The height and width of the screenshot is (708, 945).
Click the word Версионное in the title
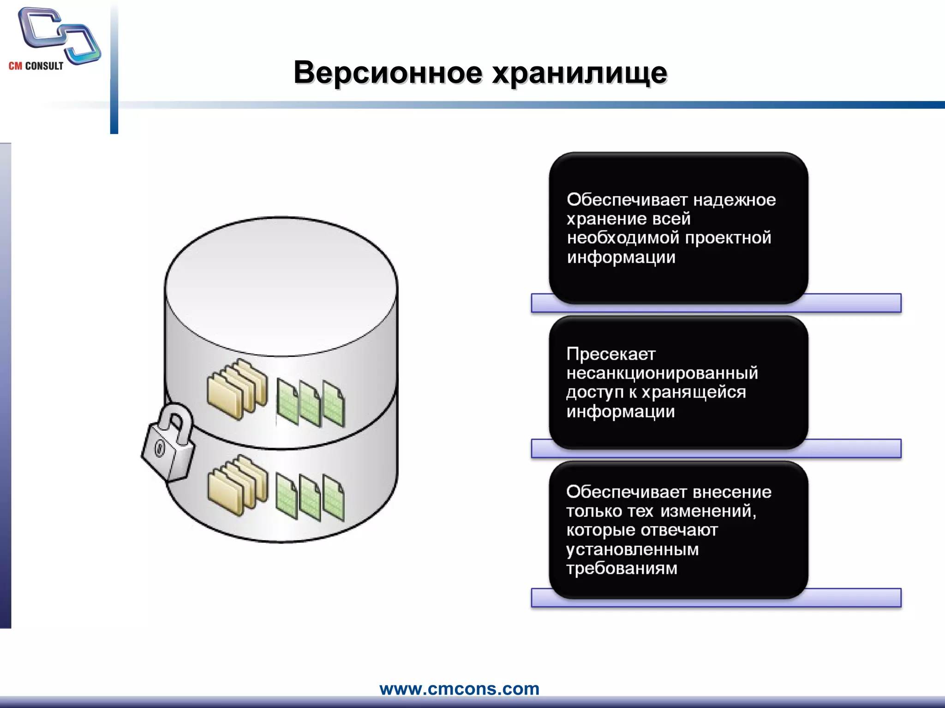pos(388,73)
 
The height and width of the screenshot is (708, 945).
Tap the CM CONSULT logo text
pos(36,66)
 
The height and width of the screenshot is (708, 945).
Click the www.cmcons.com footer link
pos(459,689)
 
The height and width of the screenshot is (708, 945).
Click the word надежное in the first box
pos(735,200)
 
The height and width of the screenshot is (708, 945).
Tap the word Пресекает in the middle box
pos(610,354)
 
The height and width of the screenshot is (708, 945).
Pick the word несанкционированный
pos(662,373)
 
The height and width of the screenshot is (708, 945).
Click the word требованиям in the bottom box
pos(622,568)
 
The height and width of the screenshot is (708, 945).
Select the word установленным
pos(632,549)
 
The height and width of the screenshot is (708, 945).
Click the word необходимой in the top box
pos(623,238)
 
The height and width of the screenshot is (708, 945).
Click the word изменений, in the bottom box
pos(708,511)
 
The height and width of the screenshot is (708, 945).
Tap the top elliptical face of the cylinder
pos(281,286)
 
